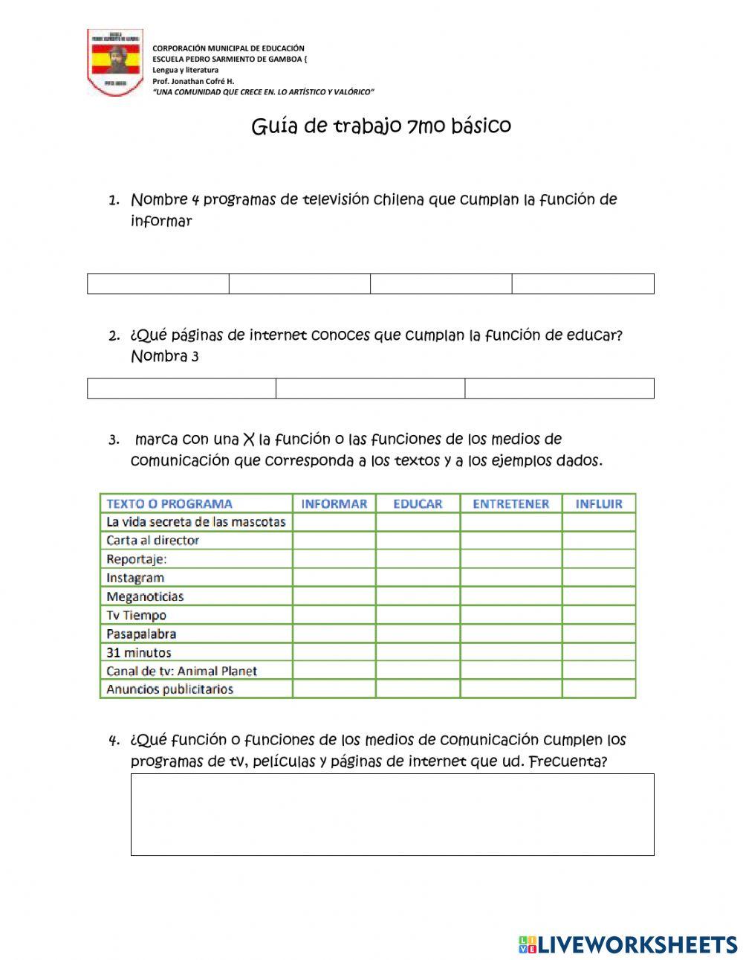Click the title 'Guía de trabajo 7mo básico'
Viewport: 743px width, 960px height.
(x=381, y=126)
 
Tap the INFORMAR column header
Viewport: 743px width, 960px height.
(x=334, y=503)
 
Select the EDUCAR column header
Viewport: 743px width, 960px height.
(x=418, y=503)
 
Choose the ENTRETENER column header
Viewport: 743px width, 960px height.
(x=510, y=503)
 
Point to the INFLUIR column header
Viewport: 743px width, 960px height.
(x=599, y=503)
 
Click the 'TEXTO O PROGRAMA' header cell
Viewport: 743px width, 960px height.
(x=169, y=503)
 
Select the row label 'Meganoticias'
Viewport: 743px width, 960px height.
(x=145, y=596)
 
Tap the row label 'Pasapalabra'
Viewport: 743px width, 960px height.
(x=141, y=634)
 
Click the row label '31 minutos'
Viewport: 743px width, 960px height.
(x=139, y=652)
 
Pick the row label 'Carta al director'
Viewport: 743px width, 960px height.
(x=153, y=541)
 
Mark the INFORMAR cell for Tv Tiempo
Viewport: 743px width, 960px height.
(x=334, y=615)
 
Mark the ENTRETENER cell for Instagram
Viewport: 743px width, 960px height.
(x=510, y=578)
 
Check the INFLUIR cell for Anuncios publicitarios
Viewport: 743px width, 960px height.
(x=599, y=689)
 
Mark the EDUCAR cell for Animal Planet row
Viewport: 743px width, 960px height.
(x=418, y=671)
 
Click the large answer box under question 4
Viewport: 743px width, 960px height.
(x=392, y=814)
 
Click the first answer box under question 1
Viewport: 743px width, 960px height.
(x=158, y=284)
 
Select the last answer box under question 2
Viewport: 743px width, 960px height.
(x=559, y=388)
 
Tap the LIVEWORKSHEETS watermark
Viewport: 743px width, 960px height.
(x=628, y=944)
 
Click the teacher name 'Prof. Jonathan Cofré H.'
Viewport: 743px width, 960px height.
(x=193, y=81)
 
